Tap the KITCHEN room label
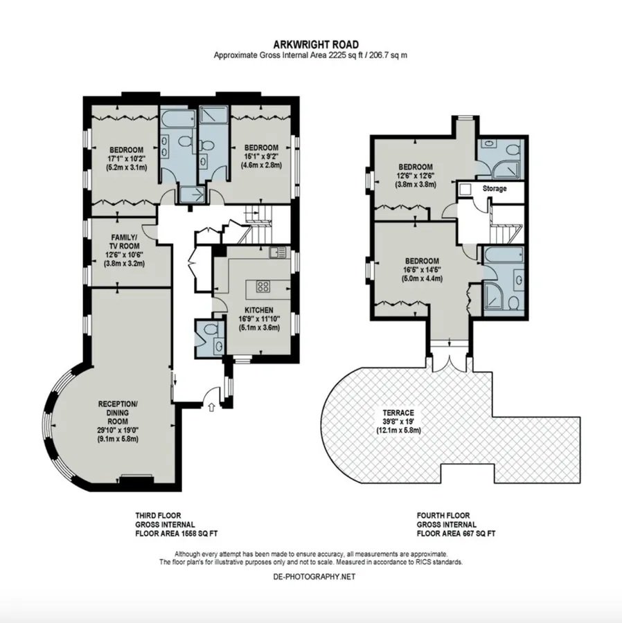pyautogui.click(x=259, y=310)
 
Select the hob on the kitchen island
pyautogui.click(x=263, y=286)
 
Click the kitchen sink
pyautogui.click(x=277, y=252)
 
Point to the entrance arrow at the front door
pyautogui.click(x=211, y=407)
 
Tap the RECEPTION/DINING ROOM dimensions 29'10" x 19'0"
pyautogui.click(x=118, y=431)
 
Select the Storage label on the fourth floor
pyautogui.click(x=495, y=188)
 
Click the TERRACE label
pyautogui.click(x=398, y=413)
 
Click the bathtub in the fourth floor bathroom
pyautogui.click(x=504, y=255)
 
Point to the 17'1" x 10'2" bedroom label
pyautogui.click(x=126, y=159)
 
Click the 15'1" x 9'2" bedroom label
pyautogui.click(x=261, y=156)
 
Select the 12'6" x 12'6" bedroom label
pyautogui.click(x=416, y=176)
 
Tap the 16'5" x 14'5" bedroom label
pyautogui.click(x=422, y=270)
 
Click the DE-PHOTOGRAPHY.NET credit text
pyautogui.click(x=314, y=577)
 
